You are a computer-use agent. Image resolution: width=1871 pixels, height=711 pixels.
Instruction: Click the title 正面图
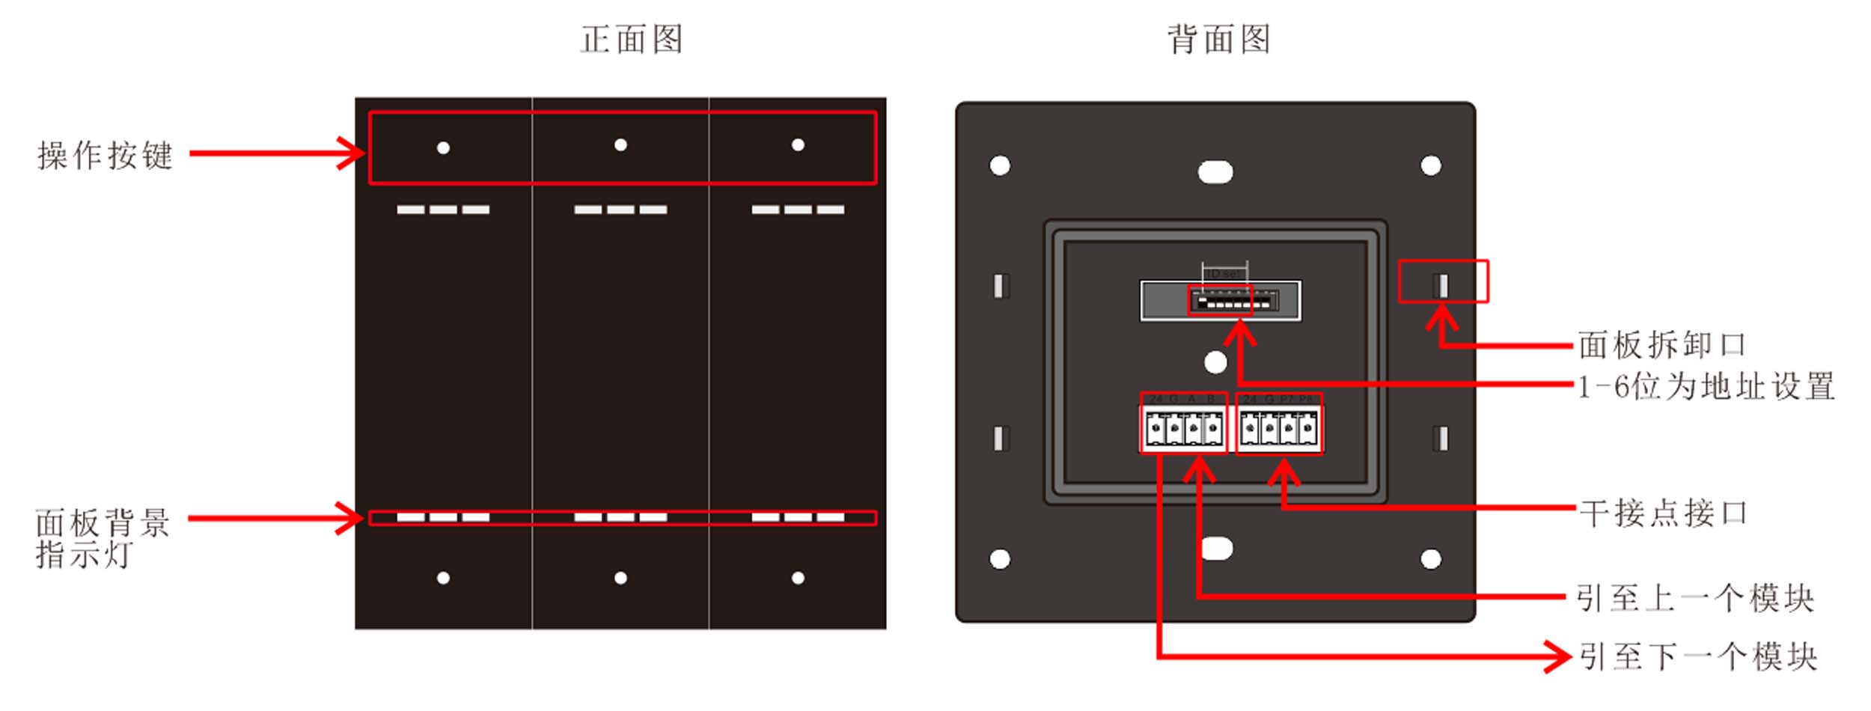[x=632, y=40]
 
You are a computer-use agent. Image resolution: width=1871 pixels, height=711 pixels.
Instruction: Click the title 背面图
[x=1219, y=40]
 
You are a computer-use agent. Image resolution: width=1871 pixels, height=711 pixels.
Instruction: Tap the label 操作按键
[x=106, y=156]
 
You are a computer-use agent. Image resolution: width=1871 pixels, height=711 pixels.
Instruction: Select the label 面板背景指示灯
[x=103, y=538]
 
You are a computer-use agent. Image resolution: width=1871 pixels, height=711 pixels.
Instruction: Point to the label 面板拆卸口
[x=1662, y=345]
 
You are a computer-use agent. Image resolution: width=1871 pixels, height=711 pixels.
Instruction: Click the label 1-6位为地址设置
[x=1706, y=387]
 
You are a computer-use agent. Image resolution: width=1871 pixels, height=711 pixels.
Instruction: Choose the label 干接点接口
[x=1663, y=513]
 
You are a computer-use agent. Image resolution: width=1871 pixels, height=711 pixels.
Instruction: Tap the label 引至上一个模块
[x=1695, y=598]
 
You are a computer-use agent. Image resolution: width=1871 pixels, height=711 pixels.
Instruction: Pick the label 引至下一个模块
[x=1697, y=657]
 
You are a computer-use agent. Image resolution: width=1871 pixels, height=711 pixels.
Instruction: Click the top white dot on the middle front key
[x=620, y=145]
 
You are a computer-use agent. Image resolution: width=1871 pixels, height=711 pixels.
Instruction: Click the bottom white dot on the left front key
[x=443, y=578]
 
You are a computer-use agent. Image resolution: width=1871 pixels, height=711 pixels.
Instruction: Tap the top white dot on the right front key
[x=798, y=145]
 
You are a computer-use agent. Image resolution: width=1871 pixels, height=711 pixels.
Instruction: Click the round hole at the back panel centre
[x=1215, y=363]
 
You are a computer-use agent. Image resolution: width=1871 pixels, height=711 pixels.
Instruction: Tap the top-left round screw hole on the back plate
[x=1000, y=165]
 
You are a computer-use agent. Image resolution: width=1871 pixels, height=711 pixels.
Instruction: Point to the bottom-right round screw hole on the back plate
[x=1431, y=559]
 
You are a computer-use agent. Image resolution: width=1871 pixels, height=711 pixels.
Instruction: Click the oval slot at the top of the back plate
[x=1215, y=173]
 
